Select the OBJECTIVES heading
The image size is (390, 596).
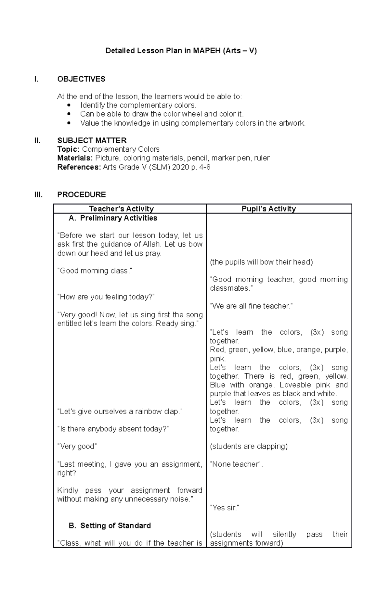coord(81,79)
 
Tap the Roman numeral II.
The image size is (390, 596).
coord(37,140)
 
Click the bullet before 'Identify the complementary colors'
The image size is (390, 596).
coord(68,105)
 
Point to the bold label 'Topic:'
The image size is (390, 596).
coord(68,149)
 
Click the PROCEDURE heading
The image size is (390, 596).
coord(81,194)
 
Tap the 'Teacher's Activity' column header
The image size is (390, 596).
coord(121,209)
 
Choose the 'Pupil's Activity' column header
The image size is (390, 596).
coord(269,209)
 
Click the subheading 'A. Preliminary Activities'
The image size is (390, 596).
coord(113,218)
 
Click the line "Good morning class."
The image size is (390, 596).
coord(95,271)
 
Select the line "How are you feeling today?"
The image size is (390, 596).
coord(106,297)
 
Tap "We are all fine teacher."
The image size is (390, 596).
coord(252,306)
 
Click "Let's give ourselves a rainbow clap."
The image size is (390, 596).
coord(120,411)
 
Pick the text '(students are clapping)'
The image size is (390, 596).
coord(249,446)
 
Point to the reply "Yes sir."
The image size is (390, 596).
coord(225,508)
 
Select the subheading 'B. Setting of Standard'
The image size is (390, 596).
coord(110,525)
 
